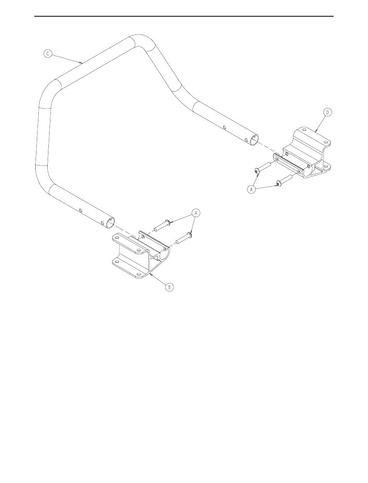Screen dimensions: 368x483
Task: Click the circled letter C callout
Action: coord(48,54)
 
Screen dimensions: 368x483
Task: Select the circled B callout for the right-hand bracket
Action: coord(327,112)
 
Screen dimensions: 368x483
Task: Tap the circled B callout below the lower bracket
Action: coord(169,287)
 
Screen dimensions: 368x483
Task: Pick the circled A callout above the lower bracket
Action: coord(196,213)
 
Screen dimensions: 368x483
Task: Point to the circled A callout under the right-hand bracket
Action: coord(251,189)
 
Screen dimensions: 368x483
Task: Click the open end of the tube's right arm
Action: coord(255,140)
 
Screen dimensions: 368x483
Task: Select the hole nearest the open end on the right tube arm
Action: coord(246,139)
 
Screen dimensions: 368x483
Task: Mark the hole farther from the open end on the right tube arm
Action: coord(224,127)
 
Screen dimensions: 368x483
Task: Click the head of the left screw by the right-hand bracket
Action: coord(256,171)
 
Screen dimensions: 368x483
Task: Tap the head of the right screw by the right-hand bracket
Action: coord(279,183)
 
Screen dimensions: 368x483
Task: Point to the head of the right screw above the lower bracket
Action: coord(189,235)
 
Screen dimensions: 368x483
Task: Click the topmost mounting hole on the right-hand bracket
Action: coord(304,130)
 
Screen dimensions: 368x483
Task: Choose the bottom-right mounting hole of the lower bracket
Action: coord(138,274)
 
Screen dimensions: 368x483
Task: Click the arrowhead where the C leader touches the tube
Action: coord(81,62)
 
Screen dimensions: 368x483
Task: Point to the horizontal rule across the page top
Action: coord(184,16)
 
